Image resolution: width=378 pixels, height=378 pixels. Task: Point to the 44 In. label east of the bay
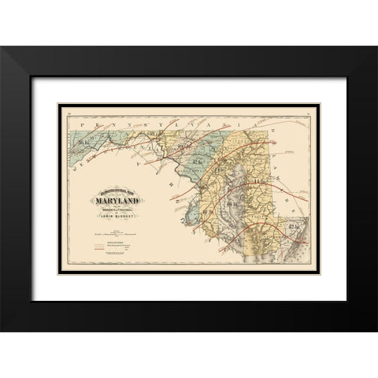258,183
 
